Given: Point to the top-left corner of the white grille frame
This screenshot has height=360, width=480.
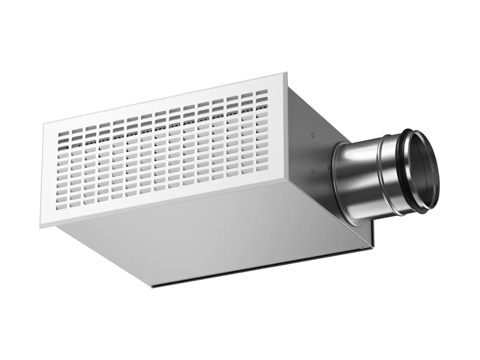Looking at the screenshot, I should click(43, 124).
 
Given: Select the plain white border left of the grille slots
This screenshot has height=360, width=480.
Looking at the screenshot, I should click(50, 176).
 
